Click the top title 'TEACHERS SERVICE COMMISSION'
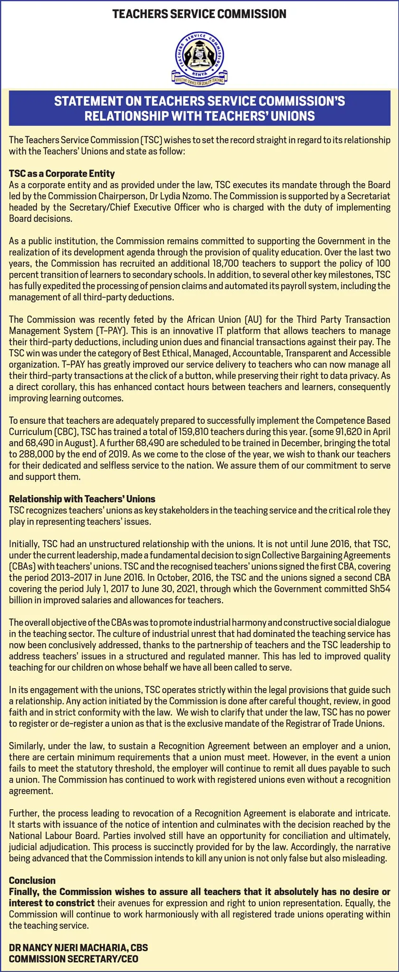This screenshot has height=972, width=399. (x=199, y=14)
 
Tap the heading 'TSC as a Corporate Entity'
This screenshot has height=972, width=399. (x=62, y=173)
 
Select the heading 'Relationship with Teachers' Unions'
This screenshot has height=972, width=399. (x=82, y=499)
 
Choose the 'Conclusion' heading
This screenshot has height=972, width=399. (x=32, y=880)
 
